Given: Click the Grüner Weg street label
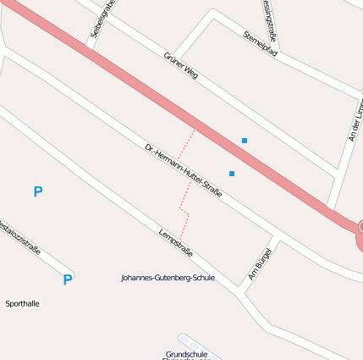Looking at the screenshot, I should click(x=180, y=65).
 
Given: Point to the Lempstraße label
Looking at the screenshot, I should click(x=176, y=242).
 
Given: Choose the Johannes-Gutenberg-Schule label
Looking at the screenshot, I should click(x=168, y=277).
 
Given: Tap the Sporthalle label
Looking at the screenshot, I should click(x=22, y=303).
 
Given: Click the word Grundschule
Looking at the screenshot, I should click(x=187, y=354).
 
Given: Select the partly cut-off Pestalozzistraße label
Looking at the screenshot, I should click(x=19, y=238).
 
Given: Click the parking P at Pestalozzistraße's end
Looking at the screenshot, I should click(x=67, y=280).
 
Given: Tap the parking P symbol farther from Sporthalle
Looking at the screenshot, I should click(x=37, y=192).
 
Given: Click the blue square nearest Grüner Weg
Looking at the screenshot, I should click(x=245, y=141).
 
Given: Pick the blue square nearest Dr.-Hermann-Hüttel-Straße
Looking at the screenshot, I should click(x=232, y=174).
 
